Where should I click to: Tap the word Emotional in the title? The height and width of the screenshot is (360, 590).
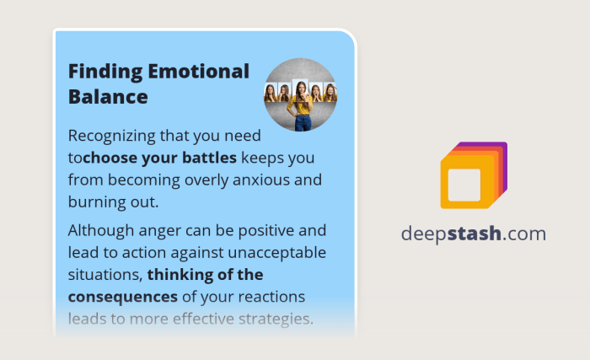tap(195, 72)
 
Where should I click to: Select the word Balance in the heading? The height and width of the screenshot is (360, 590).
tap(108, 97)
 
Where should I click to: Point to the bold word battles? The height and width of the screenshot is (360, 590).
tap(209, 157)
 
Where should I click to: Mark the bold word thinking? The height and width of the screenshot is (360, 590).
tap(179, 274)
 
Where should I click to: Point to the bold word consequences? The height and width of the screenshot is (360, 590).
tap(123, 297)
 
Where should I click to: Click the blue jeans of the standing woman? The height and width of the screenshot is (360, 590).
tap(303, 121)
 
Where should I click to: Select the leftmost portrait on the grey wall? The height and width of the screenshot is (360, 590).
tap(271, 92)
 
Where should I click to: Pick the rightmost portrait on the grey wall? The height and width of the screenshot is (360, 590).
tap(331, 92)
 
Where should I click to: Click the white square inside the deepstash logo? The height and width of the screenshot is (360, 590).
tap(464, 185)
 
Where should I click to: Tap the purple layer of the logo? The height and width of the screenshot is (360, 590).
tap(504, 149)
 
